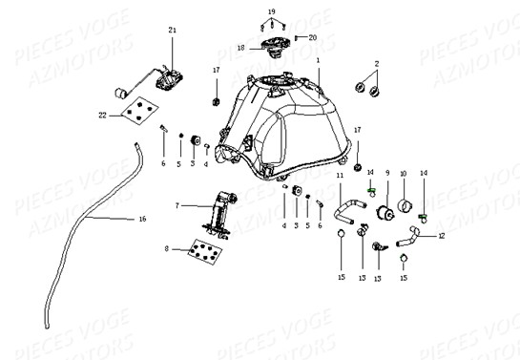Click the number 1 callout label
tap(318, 59)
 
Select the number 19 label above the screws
tap(271, 11)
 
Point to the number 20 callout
tap(312, 37)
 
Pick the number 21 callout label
tap(172, 31)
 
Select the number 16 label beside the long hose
tap(143, 219)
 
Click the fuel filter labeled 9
tap(386, 210)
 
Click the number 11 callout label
tap(340, 176)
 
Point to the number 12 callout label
tap(441, 235)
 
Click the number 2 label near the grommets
tap(376, 63)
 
